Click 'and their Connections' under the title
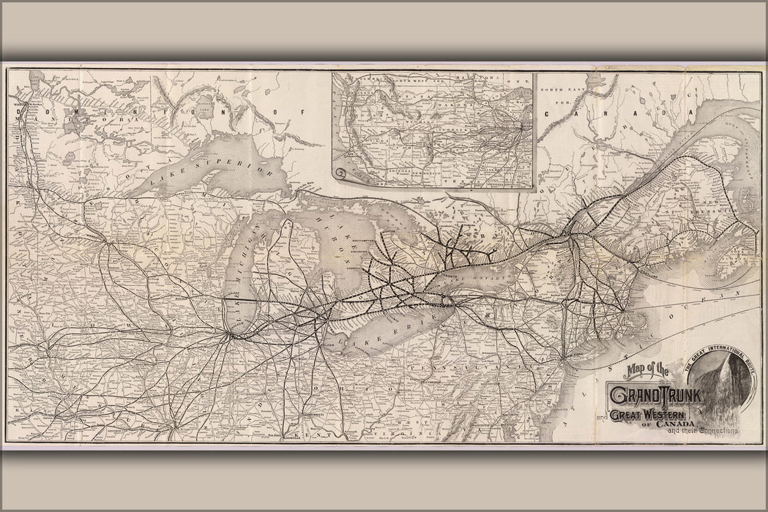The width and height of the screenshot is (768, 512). coord(702,431)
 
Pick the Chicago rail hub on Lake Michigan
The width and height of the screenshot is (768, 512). coord(231,336)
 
